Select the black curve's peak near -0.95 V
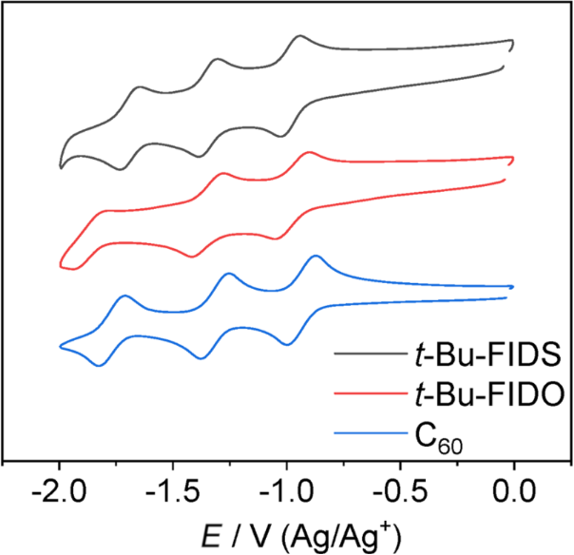click(x=299, y=36)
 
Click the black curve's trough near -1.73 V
click(x=121, y=169)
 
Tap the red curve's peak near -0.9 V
click(x=309, y=152)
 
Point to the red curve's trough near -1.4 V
click(x=194, y=256)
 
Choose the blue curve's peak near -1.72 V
click(x=124, y=297)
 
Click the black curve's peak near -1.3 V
click(x=219, y=59)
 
